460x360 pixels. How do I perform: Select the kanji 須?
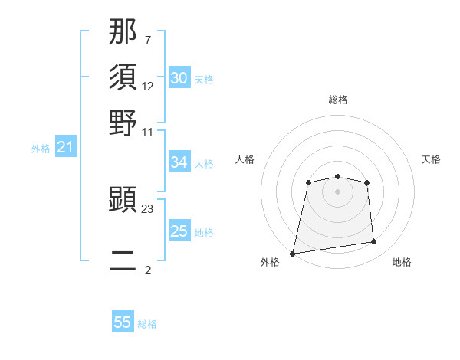point(123,78)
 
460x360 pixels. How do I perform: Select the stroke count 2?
point(147,270)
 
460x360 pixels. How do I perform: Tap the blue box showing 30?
point(179,78)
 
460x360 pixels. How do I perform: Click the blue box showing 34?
point(179,162)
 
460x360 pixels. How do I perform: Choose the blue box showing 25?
point(179,231)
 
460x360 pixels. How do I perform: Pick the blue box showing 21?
point(65,147)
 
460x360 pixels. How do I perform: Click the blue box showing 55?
point(123,322)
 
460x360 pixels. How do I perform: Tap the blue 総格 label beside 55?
point(147,324)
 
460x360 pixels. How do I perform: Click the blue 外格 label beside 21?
point(40,149)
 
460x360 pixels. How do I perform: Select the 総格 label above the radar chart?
point(337,100)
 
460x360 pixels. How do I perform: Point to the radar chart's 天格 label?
point(431,159)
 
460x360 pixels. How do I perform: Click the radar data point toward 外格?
point(293,254)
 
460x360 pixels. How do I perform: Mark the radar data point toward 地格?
point(374,242)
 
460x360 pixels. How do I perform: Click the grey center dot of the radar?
point(337,190)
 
